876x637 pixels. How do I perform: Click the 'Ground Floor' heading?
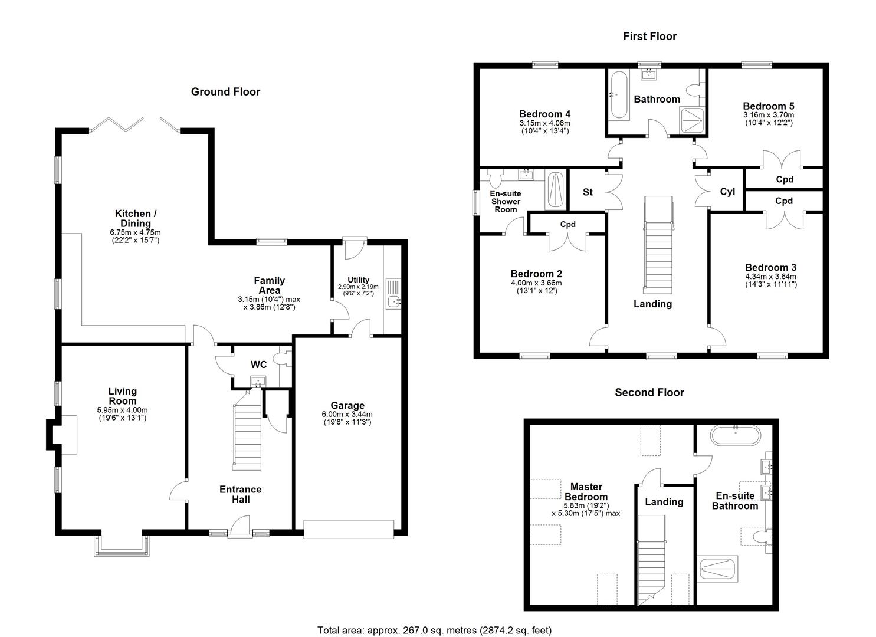coord(225,91)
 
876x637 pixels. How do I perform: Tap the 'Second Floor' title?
coord(649,392)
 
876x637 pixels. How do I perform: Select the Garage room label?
coord(347,406)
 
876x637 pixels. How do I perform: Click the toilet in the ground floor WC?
coord(285,359)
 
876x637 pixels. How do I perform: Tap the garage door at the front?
coord(349,529)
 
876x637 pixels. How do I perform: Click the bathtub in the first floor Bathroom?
coord(618,94)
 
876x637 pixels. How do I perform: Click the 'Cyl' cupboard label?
coord(727,192)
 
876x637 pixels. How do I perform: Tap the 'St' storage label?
coord(588,192)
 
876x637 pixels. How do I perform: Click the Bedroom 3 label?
coord(770,267)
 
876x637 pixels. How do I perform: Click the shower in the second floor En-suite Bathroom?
coord(717,569)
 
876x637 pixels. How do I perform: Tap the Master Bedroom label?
coord(586,491)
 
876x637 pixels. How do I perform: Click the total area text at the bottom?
coord(434,630)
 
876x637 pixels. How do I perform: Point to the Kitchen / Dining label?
coord(136,218)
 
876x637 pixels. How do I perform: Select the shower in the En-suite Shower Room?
coord(555,190)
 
